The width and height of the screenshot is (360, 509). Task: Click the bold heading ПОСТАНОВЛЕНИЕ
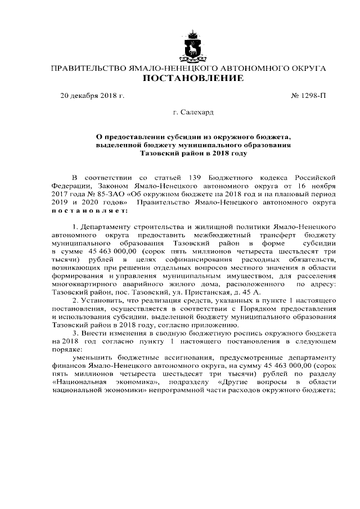click(192, 78)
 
